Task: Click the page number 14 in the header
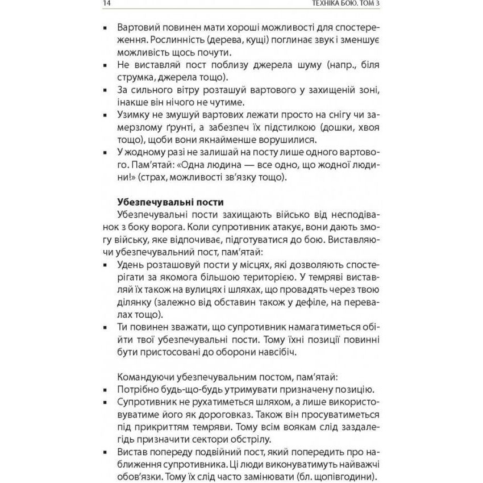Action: (x=107, y=5)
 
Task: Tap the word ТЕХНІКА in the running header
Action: (x=338, y=5)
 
